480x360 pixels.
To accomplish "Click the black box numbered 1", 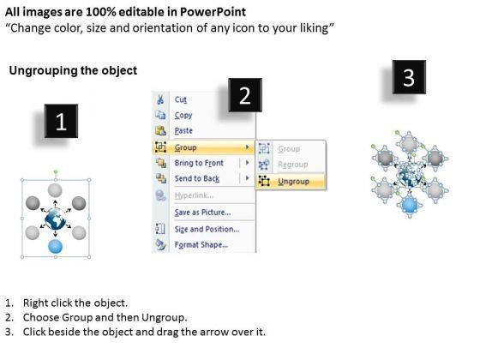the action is (x=61, y=121).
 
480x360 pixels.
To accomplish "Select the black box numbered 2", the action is (x=245, y=95).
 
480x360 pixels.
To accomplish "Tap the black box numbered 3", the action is (x=409, y=77).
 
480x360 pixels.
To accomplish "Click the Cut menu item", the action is (x=181, y=99).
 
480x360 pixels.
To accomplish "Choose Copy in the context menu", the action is (x=183, y=116).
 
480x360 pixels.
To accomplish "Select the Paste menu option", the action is (x=183, y=130).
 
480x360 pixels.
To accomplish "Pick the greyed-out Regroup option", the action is (x=292, y=165).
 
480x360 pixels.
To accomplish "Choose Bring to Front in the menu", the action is (x=199, y=163).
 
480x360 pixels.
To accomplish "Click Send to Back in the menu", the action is (x=197, y=178).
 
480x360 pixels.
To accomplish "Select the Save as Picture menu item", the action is (x=202, y=213).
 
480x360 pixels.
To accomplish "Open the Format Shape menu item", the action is (x=201, y=244).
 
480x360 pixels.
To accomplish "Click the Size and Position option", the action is (x=207, y=229).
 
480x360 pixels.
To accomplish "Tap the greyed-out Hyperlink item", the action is (x=194, y=195).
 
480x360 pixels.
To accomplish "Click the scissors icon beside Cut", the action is (x=160, y=99).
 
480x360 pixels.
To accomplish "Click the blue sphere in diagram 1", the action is (x=55, y=246).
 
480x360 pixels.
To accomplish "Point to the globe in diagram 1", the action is (x=55, y=219).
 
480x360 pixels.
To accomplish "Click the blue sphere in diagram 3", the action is (x=410, y=204).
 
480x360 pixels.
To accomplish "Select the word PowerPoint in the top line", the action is (x=213, y=12).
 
